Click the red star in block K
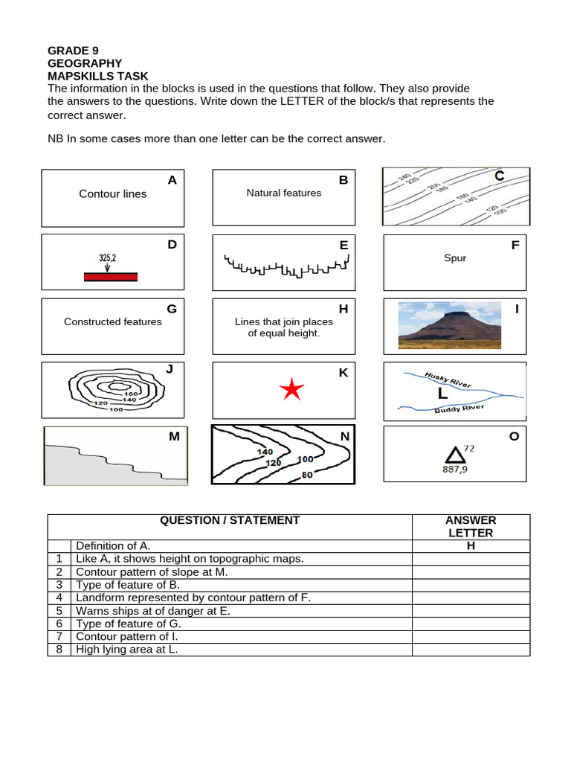click(293, 389)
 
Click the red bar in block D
click(110, 277)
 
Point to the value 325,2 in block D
click(108, 257)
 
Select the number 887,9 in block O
click(456, 470)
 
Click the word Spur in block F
click(454, 258)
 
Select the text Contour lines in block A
click(113, 194)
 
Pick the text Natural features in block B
click(284, 193)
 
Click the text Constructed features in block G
click(113, 321)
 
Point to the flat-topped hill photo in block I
click(450, 325)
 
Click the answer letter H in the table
click(471, 546)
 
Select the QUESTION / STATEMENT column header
click(230, 521)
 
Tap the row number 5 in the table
click(58, 611)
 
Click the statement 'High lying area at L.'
click(127, 649)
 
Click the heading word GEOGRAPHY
click(84, 63)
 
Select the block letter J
click(170, 368)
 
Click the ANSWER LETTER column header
click(471, 527)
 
